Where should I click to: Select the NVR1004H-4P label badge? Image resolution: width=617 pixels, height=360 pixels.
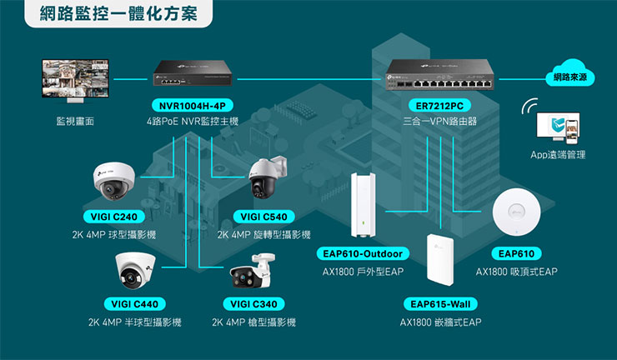[191, 105]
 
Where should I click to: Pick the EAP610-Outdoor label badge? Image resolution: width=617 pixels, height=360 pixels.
[362, 253]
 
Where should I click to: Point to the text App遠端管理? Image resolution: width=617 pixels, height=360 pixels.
[558, 155]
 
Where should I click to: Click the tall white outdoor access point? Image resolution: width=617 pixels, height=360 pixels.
[364, 205]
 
